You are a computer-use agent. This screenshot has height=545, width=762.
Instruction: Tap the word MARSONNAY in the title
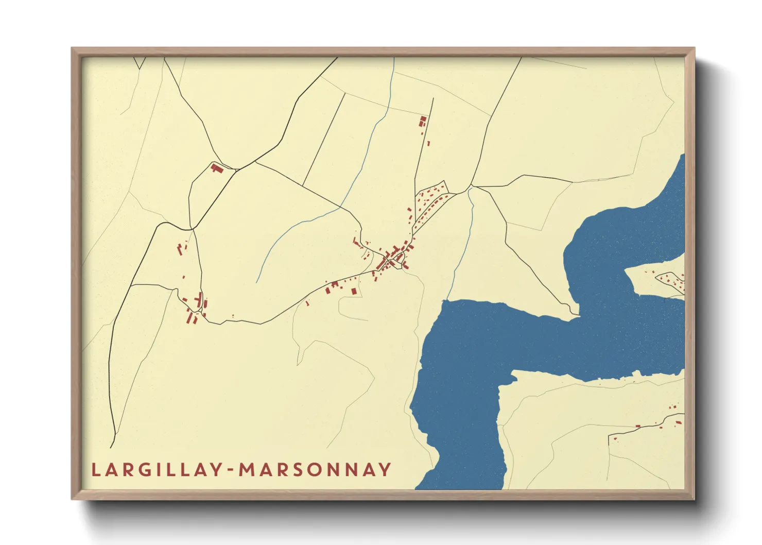click(x=315, y=470)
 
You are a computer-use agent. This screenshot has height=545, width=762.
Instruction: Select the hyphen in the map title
click(x=231, y=470)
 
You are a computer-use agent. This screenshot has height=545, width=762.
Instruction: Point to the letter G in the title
click(x=146, y=470)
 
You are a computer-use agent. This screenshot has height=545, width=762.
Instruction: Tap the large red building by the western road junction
click(x=216, y=167)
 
